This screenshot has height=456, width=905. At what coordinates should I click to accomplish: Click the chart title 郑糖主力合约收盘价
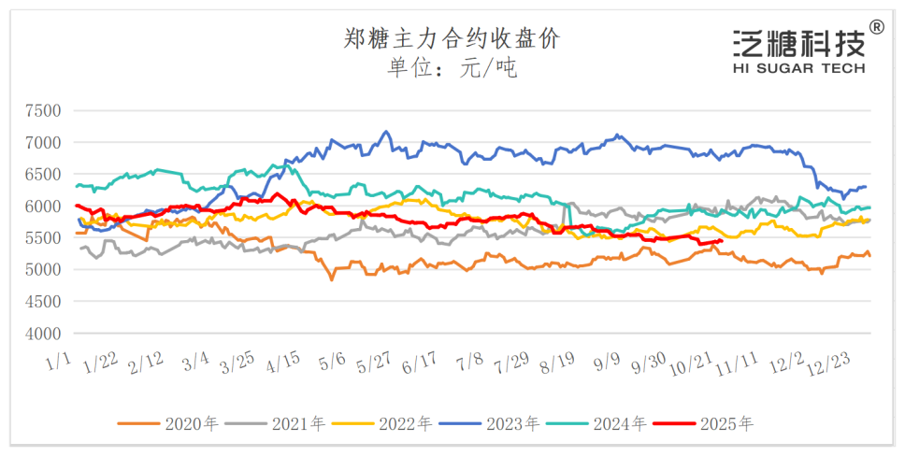452,39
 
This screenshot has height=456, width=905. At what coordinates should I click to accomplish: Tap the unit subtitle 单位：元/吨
452,67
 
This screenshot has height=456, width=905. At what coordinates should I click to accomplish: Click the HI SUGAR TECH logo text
799,68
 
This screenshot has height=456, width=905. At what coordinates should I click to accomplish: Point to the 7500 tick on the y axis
42,110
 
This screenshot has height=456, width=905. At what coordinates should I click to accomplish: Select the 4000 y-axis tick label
42,333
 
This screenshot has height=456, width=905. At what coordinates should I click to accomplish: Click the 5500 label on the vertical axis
42,237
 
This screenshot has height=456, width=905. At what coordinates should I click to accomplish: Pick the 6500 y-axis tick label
42,174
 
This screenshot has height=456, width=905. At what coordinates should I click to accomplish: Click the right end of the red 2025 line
721,241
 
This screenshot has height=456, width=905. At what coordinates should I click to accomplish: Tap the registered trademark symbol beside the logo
877,27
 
